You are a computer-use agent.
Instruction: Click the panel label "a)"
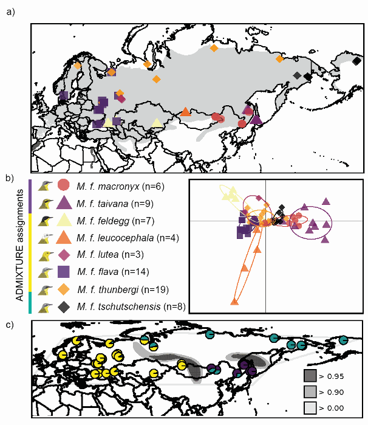[10, 12]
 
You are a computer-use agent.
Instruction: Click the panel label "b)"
[10, 178]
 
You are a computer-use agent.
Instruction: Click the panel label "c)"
[10, 324]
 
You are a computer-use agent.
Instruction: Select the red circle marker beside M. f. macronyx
[64, 185]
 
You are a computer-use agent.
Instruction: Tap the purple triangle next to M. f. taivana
[64, 202]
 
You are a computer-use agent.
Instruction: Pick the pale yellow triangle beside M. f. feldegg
[64, 220]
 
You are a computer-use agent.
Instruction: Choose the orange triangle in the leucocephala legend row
[64, 237]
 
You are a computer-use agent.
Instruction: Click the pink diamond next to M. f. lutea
[64, 255]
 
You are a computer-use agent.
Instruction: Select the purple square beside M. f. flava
[64, 272]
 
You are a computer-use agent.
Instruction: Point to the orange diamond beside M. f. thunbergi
[64, 289]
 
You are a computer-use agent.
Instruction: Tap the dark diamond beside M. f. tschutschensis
[64, 307]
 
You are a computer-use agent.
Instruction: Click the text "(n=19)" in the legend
[155, 289]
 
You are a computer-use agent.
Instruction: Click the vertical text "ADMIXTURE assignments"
[19, 245]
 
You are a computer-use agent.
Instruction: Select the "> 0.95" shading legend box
[310, 376]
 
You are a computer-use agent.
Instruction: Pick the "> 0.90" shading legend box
[310, 392]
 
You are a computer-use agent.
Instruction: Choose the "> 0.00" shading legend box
[310, 407]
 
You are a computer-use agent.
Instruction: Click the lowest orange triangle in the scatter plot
[234, 302]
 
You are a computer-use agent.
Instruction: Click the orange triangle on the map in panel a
[185, 112]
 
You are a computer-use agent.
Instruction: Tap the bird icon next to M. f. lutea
[46, 255]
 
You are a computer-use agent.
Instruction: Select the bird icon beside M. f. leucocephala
[45, 238]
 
